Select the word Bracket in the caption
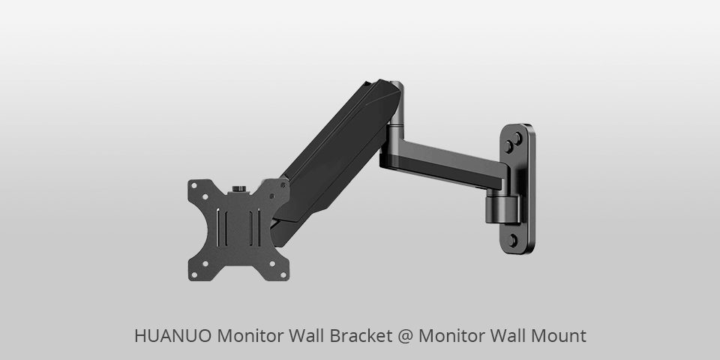tap(359, 337)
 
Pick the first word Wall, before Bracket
tap(304, 337)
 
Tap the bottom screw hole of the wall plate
tap(514, 240)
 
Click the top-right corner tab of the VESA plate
tap(282, 188)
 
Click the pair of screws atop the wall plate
tap(515, 141)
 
